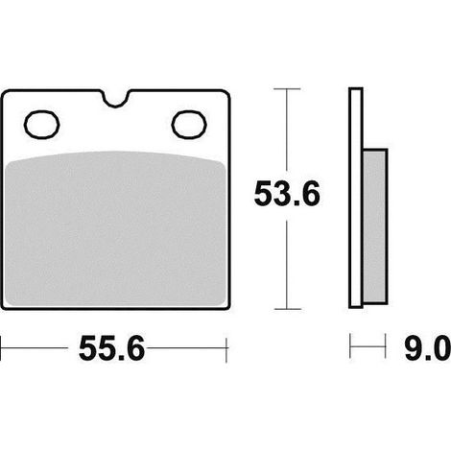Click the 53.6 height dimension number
(x=287, y=194)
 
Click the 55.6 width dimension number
(x=111, y=348)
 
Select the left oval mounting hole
(x=41, y=125)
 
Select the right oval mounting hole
(x=189, y=125)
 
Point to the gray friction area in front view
(x=116, y=228)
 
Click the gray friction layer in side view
(x=375, y=226)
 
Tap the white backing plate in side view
(x=356, y=198)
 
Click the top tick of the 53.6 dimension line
(x=287, y=88)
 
